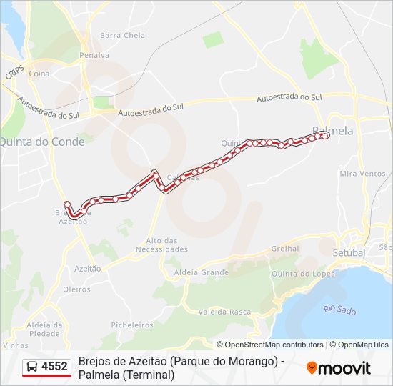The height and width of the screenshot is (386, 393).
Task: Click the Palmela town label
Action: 333,131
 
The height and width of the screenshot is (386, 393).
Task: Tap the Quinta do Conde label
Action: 42,142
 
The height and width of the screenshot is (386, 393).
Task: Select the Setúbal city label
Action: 349,252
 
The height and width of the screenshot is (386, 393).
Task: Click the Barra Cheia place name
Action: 122,35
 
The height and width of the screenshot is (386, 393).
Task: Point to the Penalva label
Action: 94,55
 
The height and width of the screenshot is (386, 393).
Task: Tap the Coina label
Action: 39,74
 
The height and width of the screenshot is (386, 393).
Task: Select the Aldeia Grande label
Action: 204,272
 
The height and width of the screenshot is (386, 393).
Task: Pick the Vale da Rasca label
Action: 224,311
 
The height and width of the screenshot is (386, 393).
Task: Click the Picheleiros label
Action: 132,325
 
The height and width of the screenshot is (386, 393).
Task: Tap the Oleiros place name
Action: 76,289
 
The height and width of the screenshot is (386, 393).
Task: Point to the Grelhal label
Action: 285,249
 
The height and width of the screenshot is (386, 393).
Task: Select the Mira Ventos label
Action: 362,174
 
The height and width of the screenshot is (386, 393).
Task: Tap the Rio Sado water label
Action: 339,309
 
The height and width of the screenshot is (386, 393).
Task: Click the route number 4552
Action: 55,367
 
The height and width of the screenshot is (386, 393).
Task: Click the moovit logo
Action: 339,368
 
